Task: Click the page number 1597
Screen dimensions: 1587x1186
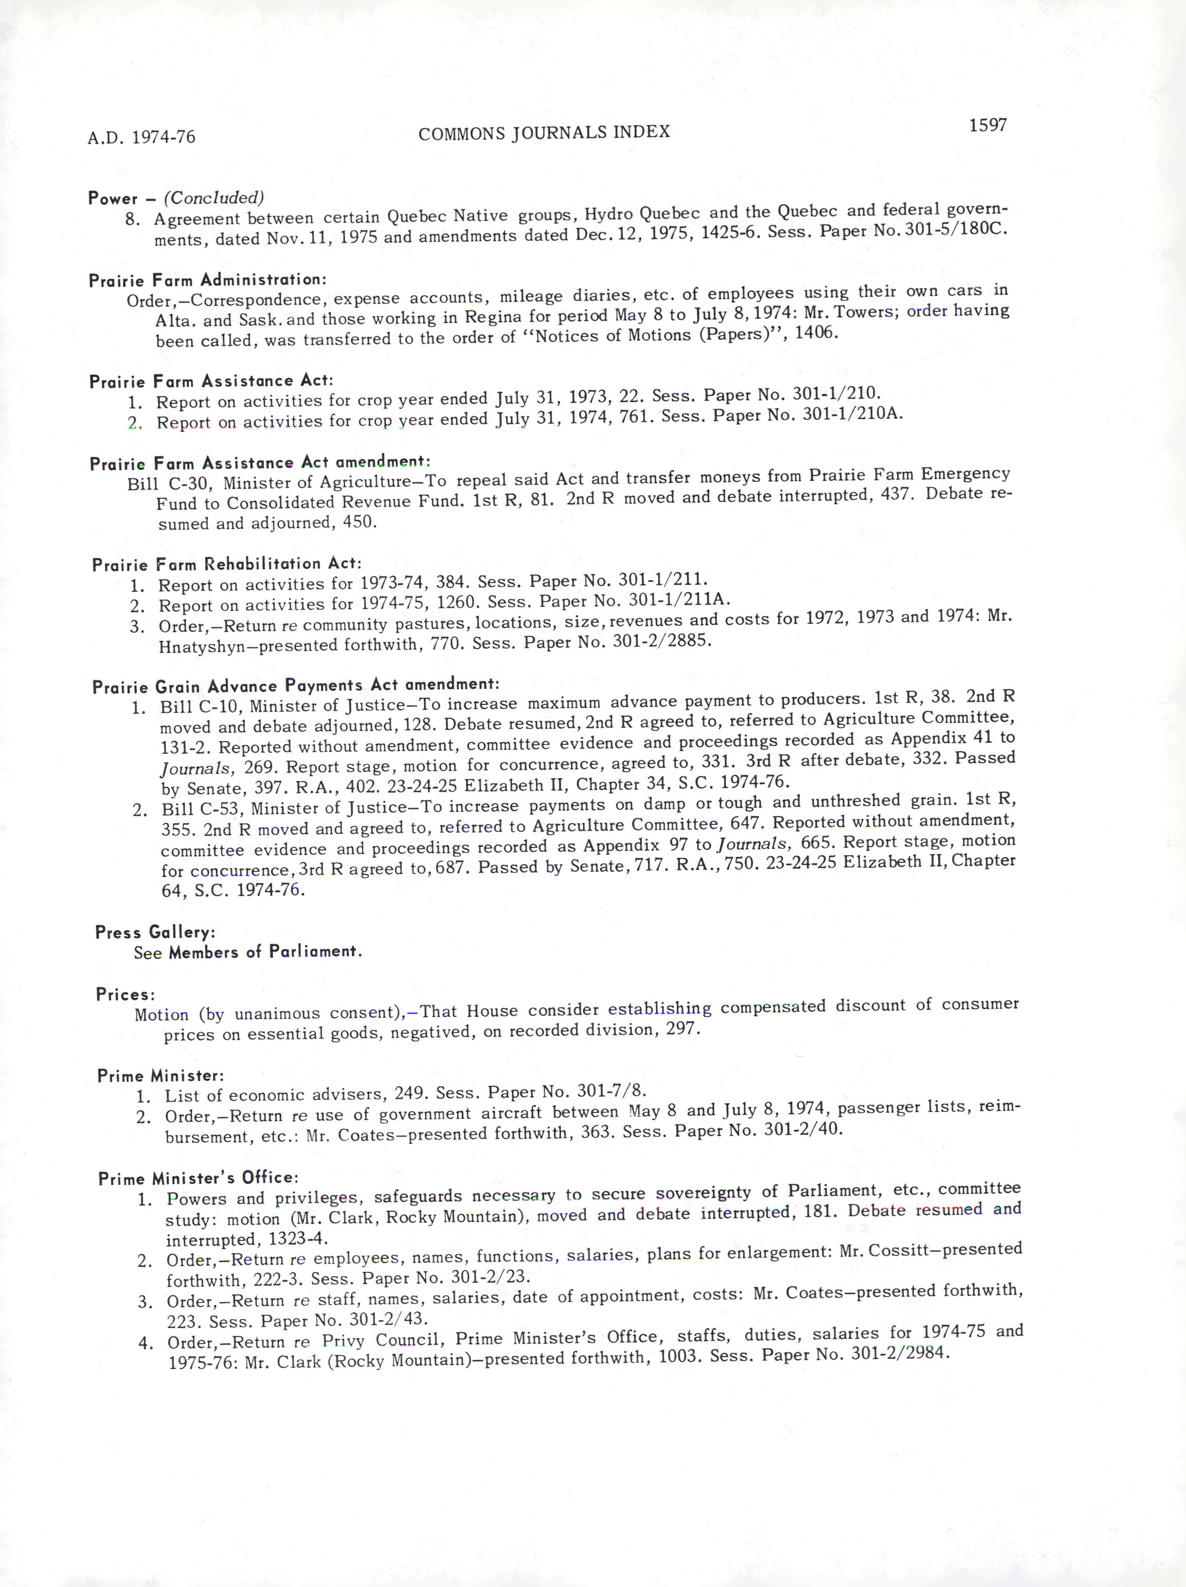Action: [987, 125]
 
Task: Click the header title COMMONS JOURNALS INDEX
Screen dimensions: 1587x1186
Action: [544, 133]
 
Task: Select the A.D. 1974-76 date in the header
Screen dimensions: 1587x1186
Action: [141, 137]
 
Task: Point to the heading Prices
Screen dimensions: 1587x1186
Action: [125, 995]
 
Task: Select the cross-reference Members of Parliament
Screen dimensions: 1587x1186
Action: [265, 951]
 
